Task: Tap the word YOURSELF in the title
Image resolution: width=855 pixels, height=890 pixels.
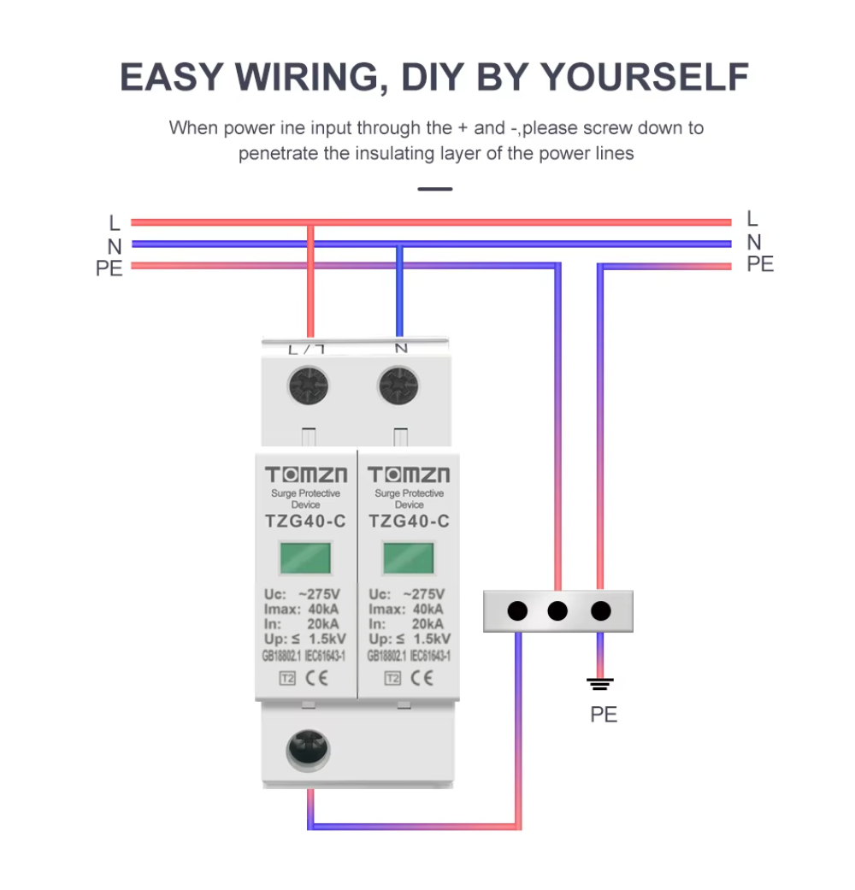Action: pos(645,78)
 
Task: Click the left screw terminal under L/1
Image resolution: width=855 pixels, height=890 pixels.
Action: pos(310,387)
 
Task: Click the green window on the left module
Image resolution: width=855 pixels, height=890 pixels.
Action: pos(306,558)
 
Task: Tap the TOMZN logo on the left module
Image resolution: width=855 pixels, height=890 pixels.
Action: pos(306,475)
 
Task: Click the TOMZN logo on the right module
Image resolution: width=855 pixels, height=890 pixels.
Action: pos(409,475)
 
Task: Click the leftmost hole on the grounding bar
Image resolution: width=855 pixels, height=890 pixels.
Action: pos(516,611)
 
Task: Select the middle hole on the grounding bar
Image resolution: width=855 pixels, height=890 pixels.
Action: pos(557,611)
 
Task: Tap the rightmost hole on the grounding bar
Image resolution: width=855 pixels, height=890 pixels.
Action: pos(601,611)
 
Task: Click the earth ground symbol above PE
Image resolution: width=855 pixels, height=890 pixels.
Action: pos(600,683)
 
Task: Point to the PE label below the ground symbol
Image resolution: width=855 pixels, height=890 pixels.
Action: pos(604,715)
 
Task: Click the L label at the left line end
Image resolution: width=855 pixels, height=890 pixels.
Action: pos(115,224)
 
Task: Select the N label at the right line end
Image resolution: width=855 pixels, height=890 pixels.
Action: pos(753,243)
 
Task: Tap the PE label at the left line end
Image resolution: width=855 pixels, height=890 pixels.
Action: pos(109,268)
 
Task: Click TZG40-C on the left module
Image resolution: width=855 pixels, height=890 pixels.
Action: pos(306,522)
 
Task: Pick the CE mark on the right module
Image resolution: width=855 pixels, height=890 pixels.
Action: pos(422,679)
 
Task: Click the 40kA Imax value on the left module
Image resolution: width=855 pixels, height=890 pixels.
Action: pos(325,610)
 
